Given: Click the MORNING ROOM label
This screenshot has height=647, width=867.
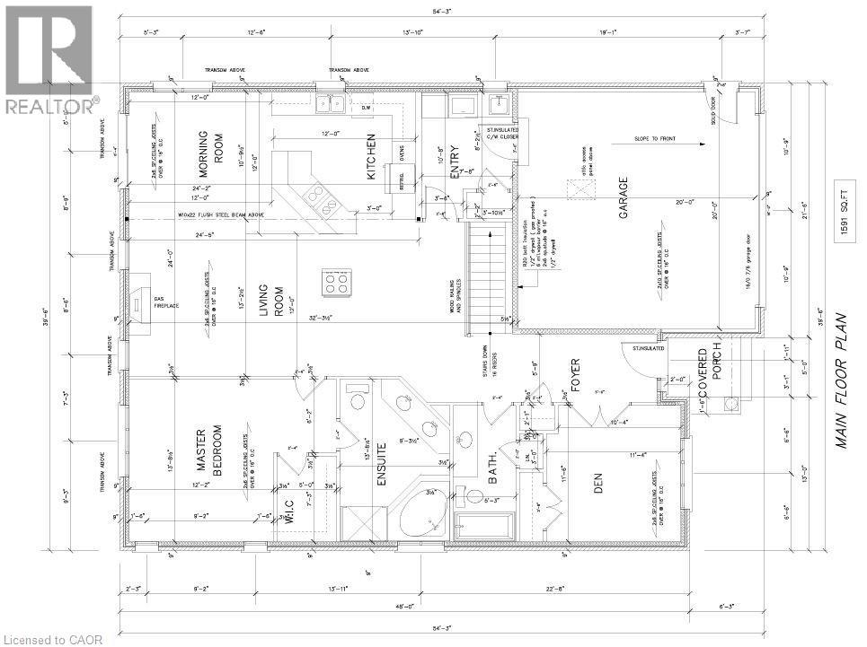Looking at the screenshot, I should (210, 153).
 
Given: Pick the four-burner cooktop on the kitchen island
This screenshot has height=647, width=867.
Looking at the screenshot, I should (337, 284).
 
